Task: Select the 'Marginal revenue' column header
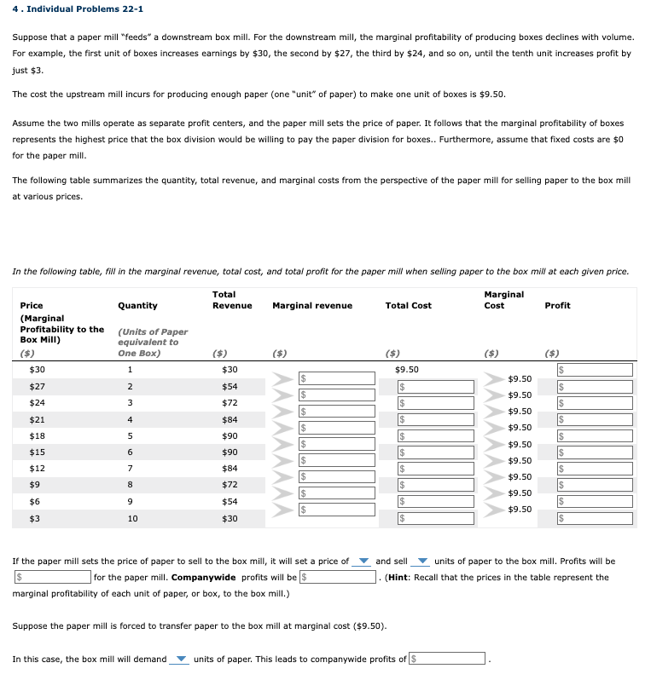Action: point(311,305)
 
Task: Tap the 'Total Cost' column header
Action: point(408,305)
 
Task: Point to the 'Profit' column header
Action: point(556,305)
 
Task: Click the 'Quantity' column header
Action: point(137,305)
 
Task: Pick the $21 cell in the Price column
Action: point(37,419)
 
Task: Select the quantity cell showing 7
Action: point(130,469)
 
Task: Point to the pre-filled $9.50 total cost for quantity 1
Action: point(408,370)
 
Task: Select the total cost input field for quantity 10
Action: point(436,518)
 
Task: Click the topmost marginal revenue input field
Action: point(336,377)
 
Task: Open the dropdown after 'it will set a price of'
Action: point(363,562)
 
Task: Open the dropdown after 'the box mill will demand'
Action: point(180,659)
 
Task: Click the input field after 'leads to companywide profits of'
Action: point(448,659)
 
